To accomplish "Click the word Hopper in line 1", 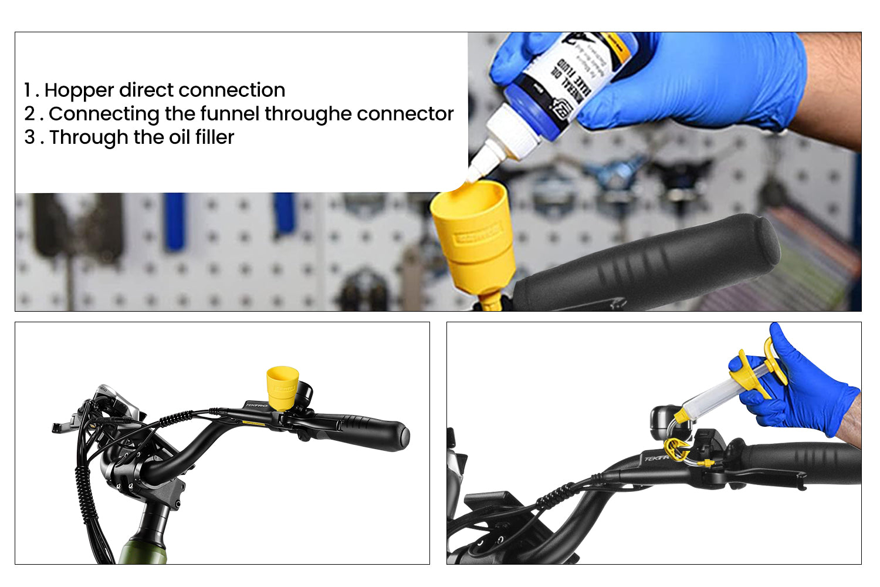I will pyautogui.click(x=79, y=90).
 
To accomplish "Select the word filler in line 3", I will pyautogui.click(x=214, y=137).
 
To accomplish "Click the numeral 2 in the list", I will pyautogui.click(x=30, y=114).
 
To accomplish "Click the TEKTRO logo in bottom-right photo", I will pyautogui.click(x=655, y=458).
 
